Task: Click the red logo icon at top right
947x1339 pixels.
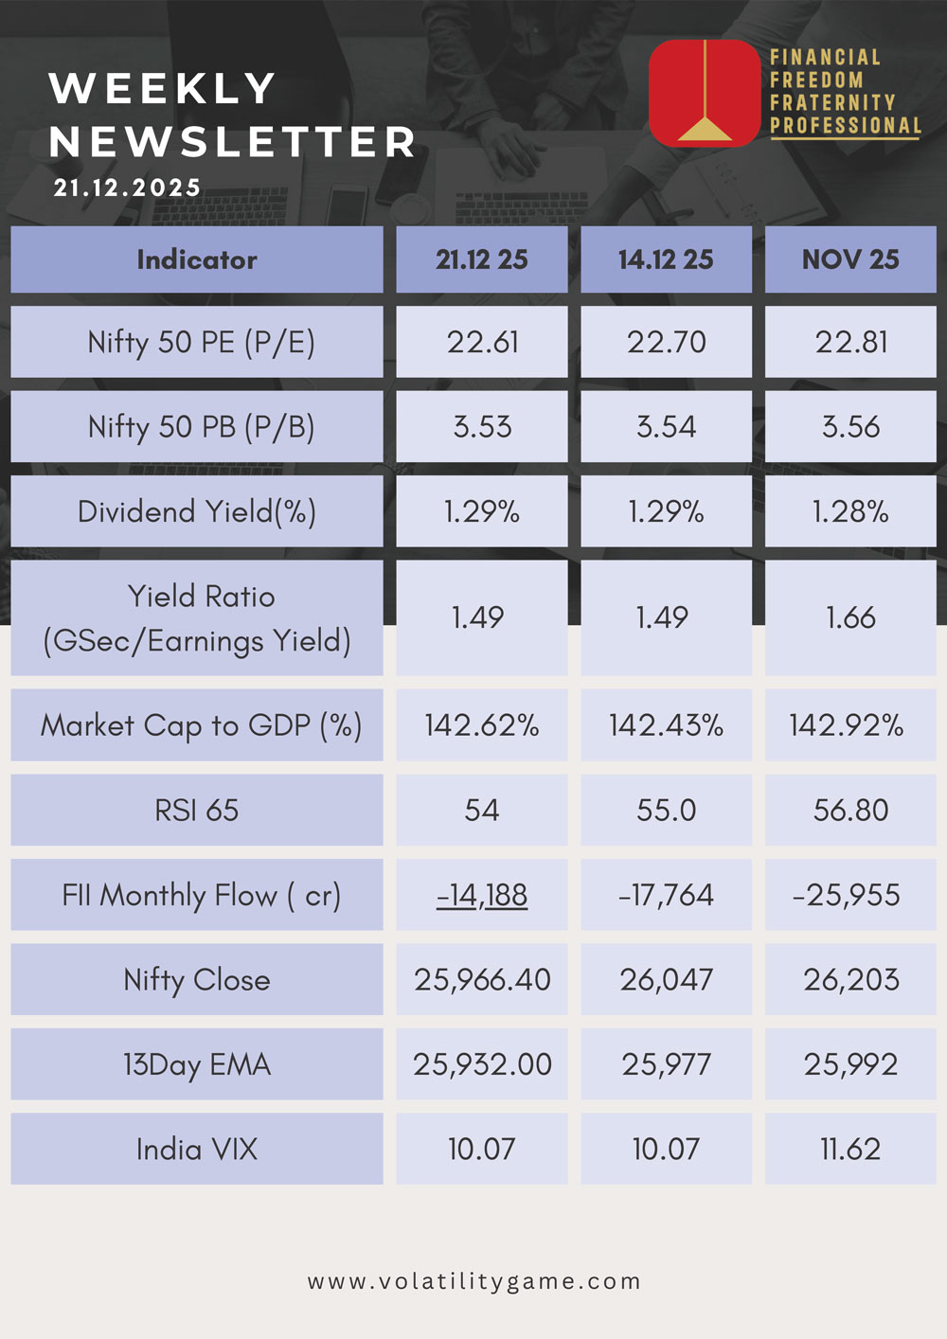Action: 704,93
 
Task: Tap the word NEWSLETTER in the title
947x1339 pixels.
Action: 233,142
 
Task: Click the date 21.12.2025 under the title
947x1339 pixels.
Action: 127,187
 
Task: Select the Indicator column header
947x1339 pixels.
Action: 197,259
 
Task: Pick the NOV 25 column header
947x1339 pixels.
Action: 850,259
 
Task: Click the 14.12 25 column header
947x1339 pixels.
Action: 666,259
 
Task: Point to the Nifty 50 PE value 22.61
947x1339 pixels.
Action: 482,342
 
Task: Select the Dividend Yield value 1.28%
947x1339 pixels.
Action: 850,512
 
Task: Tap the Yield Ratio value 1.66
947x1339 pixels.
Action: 850,617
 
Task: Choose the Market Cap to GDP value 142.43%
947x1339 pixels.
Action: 666,725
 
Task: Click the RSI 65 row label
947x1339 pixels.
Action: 197,811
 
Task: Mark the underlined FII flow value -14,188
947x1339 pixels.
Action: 482,895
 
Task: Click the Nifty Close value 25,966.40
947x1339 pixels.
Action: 482,979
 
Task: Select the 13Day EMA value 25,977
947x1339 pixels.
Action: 666,1064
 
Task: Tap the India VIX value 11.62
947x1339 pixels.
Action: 850,1149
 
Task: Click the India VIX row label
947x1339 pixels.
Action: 197,1149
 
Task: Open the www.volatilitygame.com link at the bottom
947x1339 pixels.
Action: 473,1281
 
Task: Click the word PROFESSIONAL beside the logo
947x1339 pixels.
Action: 846,126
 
